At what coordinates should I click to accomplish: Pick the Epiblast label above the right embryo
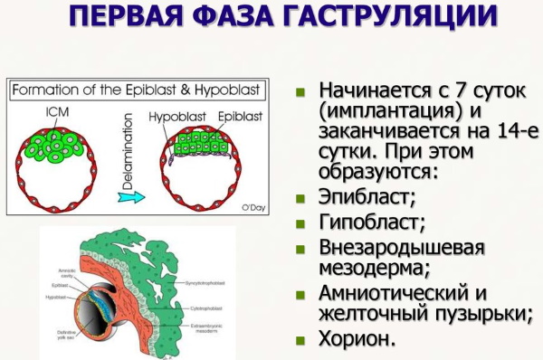click(222, 117)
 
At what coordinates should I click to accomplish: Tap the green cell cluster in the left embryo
click(56, 146)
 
